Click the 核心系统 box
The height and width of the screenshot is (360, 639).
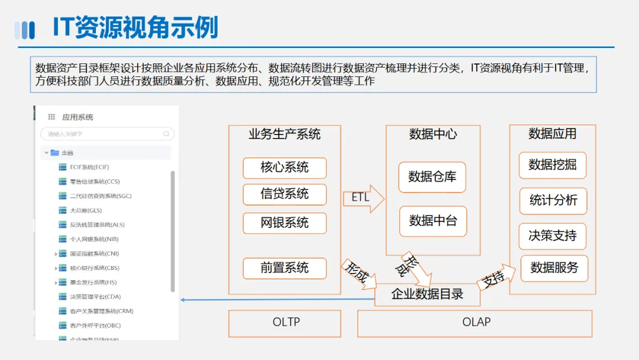284,168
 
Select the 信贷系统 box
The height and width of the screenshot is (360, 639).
284,194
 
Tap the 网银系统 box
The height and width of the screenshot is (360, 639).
284,223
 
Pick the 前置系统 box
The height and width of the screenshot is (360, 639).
284,268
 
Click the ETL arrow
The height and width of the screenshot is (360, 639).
363,197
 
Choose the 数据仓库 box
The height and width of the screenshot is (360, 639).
432,177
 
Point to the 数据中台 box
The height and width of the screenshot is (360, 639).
433,221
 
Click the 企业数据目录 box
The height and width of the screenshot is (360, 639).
427,294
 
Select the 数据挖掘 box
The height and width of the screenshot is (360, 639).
552,165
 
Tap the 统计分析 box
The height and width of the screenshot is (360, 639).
553,201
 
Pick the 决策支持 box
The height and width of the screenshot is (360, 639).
552,236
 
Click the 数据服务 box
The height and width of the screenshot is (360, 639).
554,268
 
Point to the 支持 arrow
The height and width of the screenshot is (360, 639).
493,277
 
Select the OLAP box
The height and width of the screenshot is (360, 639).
475,323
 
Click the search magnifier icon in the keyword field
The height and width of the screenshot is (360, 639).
166,134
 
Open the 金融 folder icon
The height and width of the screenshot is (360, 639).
54,153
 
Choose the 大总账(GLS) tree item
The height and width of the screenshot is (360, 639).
86,210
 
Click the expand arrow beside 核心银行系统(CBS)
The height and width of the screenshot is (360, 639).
56,268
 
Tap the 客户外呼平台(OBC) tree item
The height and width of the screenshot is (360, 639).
95,326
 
